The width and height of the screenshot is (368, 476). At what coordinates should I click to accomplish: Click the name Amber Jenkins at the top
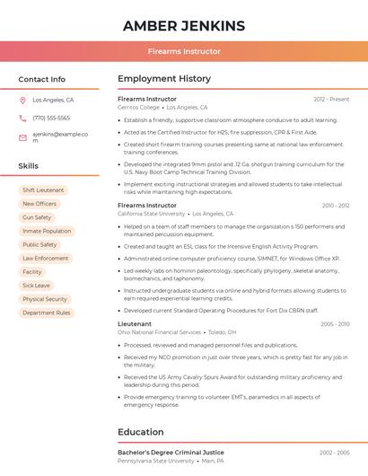coord(183,24)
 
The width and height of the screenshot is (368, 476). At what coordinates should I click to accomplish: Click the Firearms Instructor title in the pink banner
coord(183,51)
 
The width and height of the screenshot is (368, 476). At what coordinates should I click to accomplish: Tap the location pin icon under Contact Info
coord(22,101)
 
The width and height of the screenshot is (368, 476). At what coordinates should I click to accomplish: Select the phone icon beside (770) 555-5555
coord(22,119)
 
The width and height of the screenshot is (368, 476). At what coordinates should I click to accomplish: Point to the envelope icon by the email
coord(22,137)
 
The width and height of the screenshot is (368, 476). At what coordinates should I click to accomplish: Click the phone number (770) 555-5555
coord(51,119)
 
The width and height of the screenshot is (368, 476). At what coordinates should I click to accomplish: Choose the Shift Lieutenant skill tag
coord(43,190)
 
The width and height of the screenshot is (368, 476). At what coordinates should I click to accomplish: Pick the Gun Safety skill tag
coord(37,217)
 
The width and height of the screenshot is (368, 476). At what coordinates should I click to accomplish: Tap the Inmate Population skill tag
coord(47,231)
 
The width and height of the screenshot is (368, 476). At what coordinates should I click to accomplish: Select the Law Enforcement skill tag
coord(46,258)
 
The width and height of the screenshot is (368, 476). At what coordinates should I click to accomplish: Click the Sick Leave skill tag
coord(36,286)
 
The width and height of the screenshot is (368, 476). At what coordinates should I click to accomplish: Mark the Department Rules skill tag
coord(47,313)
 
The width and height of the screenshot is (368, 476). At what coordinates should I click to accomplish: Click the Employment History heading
coord(164,79)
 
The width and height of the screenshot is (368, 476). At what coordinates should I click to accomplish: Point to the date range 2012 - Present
coord(331,99)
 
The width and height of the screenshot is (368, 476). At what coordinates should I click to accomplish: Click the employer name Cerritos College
coord(138,107)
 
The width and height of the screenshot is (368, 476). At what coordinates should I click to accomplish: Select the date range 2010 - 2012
coord(336,206)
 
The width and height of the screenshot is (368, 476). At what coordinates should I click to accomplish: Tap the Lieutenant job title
coord(135,323)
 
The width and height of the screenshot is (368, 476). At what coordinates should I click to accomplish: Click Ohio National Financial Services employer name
coord(159,332)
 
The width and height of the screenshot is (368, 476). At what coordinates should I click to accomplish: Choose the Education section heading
coord(140,432)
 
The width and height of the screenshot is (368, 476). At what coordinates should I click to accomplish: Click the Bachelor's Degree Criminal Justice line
coord(171,452)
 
